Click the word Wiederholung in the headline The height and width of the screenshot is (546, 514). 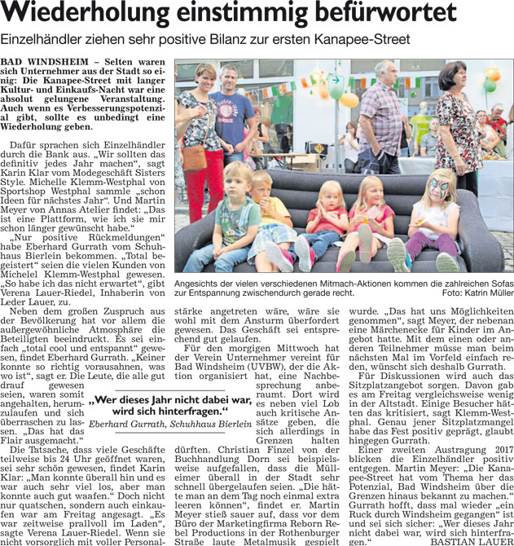point(94,15)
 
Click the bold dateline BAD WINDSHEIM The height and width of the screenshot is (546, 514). point(40,62)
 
